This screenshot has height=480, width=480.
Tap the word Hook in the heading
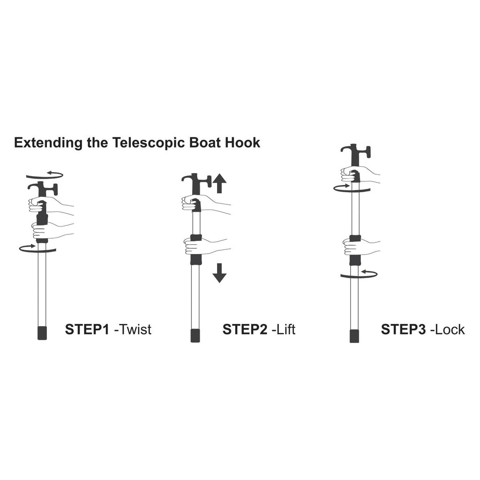243,142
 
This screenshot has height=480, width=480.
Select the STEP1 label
87,330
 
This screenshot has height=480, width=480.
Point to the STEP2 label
245,330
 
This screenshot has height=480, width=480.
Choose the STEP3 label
403,330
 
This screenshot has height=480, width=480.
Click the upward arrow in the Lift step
219,183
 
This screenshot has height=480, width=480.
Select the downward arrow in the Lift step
219,273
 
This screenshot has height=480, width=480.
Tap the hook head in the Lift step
196,183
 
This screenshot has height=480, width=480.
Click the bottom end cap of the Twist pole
42,333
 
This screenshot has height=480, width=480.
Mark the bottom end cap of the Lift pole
195,336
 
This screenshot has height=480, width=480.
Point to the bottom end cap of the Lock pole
354,336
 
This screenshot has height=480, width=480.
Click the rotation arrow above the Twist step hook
45,175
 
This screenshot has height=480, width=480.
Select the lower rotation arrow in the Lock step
359,274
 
